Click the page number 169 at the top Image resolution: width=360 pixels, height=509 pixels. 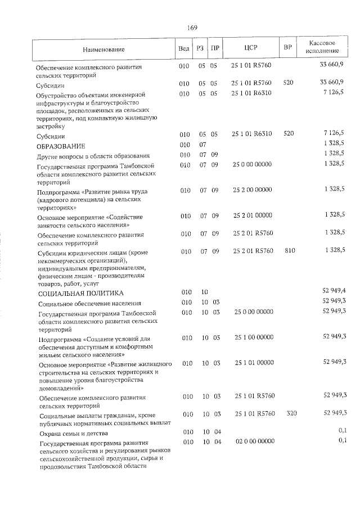click(x=192, y=28)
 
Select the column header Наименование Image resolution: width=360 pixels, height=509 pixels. click(x=103, y=50)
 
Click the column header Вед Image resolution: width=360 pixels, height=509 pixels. click(x=183, y=49)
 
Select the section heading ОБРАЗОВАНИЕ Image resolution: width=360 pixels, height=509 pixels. click(x=60, y=146)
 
